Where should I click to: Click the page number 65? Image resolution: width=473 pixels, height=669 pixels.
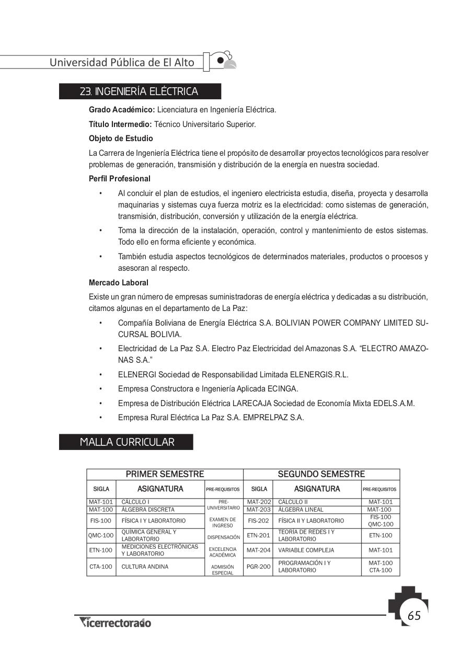tap(414, 615)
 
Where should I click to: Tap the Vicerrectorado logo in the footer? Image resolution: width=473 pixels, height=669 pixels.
tap(115, 622)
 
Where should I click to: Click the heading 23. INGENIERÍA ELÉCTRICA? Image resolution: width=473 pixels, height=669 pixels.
tap(139, 92)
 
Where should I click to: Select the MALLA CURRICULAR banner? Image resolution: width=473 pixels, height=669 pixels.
tap(127, 442)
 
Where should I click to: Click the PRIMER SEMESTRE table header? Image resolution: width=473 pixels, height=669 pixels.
tap(165, 475)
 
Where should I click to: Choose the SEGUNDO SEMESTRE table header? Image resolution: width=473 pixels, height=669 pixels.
tap(321, 475)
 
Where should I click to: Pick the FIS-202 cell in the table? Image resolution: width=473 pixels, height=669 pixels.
tap(258, 521)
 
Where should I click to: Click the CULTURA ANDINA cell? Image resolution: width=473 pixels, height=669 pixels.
tap(145, 567)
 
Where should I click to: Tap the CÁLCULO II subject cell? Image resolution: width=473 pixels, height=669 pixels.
tap(293, 502)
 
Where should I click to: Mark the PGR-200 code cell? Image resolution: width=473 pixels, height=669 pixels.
tap(258, 567)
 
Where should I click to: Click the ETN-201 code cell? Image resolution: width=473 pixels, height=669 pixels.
tap(258, 535)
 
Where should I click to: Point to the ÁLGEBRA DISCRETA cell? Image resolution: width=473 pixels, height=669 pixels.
tap(148, 510)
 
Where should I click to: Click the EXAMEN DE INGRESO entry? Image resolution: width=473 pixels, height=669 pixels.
tap(223, 523)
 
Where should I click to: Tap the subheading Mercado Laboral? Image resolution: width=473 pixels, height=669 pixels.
tap(119, 283)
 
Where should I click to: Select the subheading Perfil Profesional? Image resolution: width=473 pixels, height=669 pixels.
tap(120, 179)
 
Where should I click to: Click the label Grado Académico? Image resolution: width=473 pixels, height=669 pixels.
tap(122, 110)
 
